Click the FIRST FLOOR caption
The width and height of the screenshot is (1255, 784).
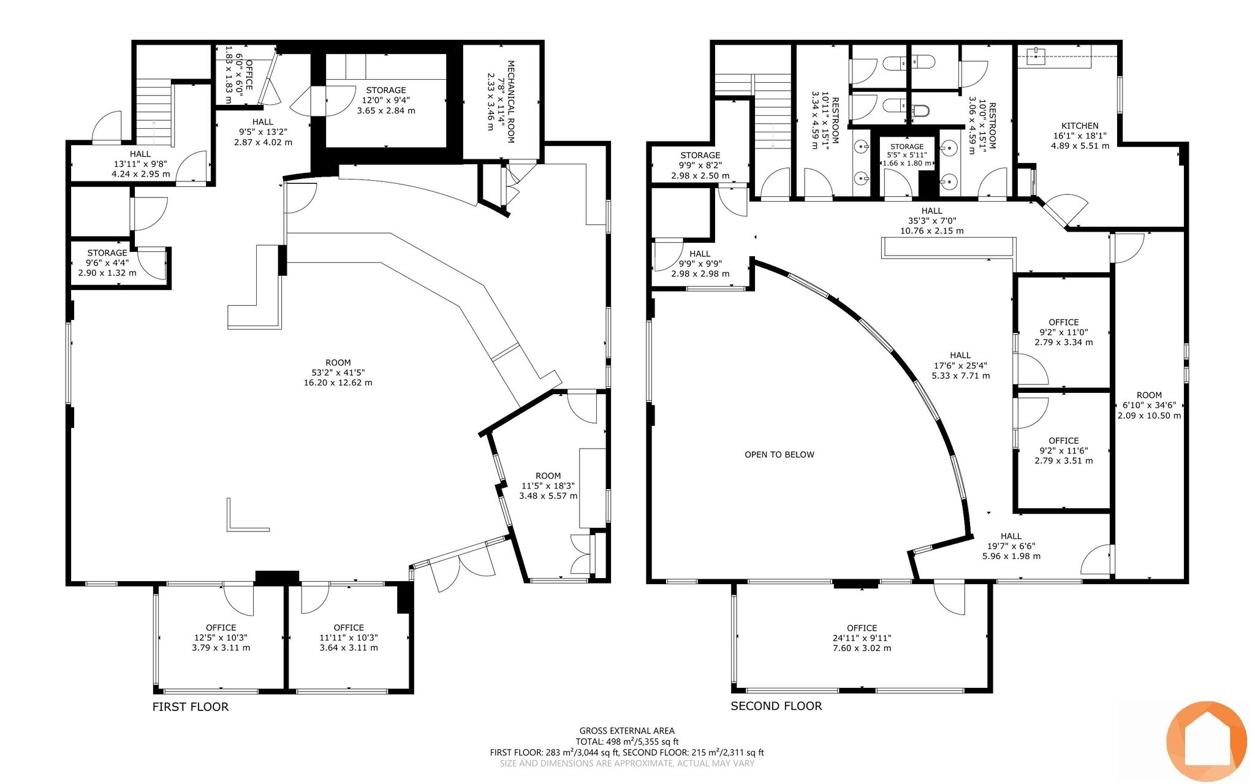[x=191, y=707]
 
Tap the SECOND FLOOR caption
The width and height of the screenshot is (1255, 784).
[x=776, y=706]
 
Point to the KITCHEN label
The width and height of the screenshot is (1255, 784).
[x=1080, y=126]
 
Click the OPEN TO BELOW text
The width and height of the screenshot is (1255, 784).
[x=779, y=454]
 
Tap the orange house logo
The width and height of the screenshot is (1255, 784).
[x=1207, y=740]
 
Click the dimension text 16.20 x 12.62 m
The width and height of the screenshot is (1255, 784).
[x=338, y=382]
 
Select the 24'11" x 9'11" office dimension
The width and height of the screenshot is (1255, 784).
[x=862, y=638]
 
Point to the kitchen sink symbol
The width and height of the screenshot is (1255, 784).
[x=1036, y=55]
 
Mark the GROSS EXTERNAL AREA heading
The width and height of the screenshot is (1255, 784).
[x=627, y=731]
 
